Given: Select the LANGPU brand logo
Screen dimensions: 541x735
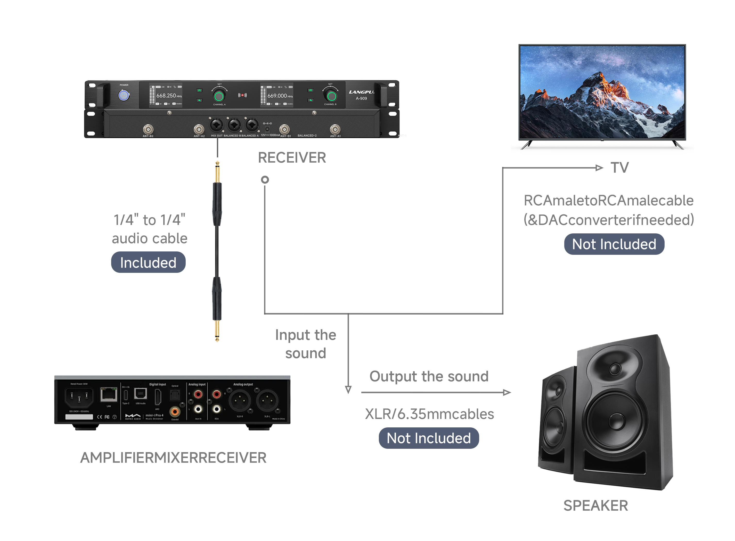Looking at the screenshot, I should point(361,92).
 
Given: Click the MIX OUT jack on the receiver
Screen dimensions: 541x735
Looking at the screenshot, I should point(216,125).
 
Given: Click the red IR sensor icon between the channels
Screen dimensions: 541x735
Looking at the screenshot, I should point(242,95).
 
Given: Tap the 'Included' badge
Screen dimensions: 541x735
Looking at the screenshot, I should point(148,262).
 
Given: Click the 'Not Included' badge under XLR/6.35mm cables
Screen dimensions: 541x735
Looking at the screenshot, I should point(428,438).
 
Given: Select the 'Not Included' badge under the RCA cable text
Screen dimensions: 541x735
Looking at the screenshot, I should point(614,244).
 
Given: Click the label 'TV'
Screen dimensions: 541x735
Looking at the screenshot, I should point(619,168).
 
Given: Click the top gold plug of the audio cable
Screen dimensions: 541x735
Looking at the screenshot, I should point(217,172).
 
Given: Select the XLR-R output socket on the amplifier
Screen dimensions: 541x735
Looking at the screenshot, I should point(240,401).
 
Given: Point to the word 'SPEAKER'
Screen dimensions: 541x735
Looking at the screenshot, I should point(595,505).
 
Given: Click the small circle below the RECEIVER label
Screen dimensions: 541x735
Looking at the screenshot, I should point(265,180).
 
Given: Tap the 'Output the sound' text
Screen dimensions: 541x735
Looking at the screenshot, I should point(428,376).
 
